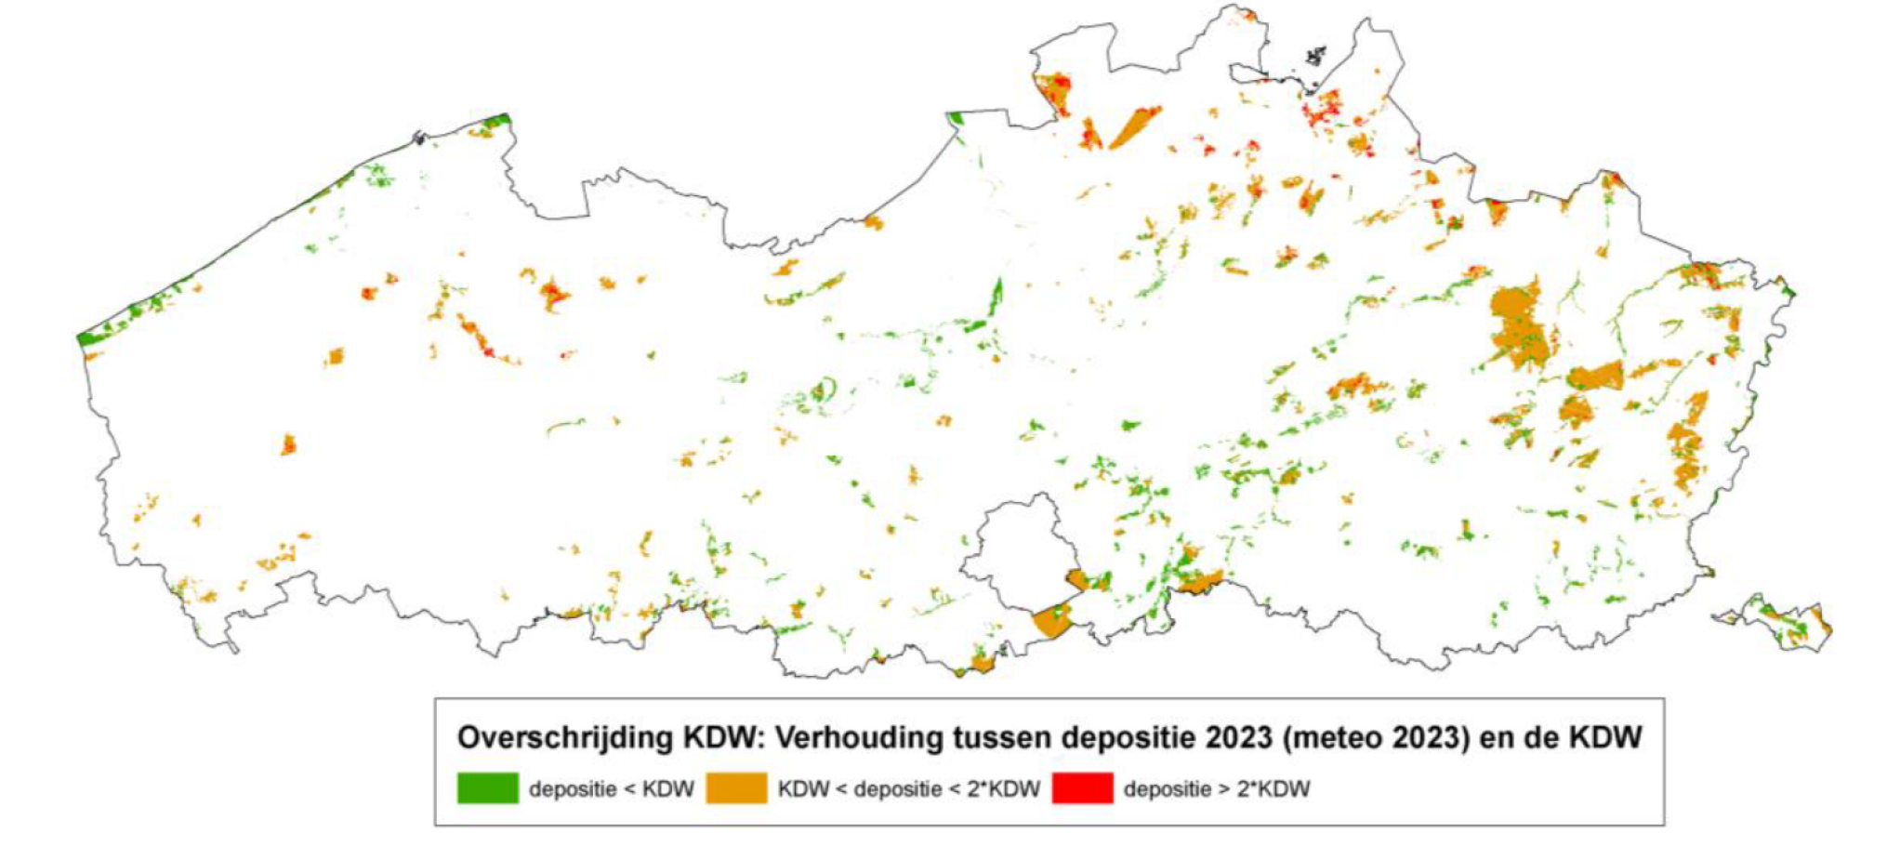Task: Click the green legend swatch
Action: click(487, 788)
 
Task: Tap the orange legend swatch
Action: click(736, 788)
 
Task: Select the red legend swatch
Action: click(1082, 788)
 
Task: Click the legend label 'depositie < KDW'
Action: click(612, 789)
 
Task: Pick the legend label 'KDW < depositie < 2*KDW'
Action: click(908, 789)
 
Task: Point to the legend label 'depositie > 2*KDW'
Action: click(1216, 789)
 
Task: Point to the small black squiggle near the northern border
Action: click(1314, 57)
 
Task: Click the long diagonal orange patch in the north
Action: click(1134, 127)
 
